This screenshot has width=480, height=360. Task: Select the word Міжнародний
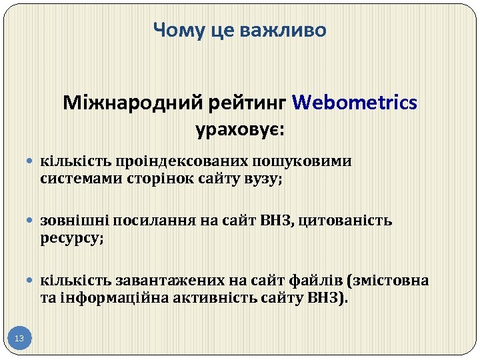[x=134, y=103]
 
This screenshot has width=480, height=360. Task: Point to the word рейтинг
[x=249, y=103]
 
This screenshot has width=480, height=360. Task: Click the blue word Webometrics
[x=355, y=103]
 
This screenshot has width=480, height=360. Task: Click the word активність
[x=217, y=297]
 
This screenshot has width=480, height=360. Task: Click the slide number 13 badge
[x=19, y=339]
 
